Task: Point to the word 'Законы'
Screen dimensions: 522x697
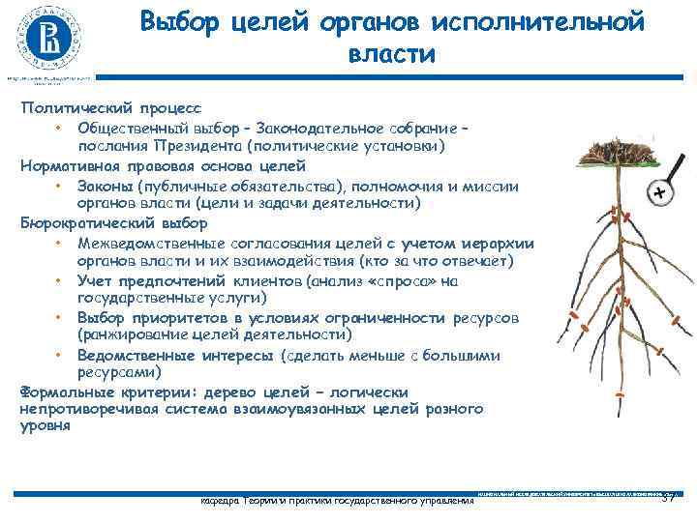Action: point(106,187)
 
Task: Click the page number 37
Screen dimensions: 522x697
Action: point(667,496)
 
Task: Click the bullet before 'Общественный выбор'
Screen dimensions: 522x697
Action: point(59,129)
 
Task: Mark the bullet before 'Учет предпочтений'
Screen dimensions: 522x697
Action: point(59,280)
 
